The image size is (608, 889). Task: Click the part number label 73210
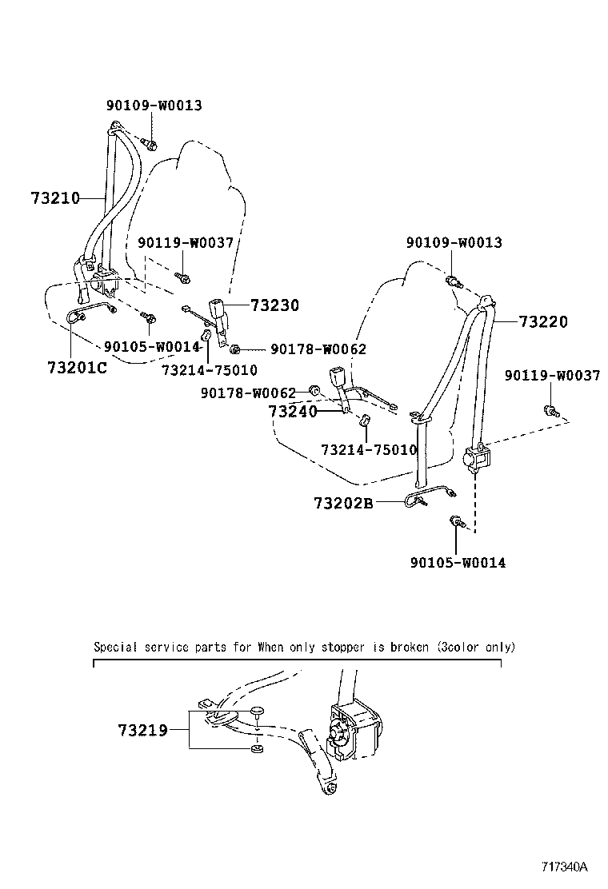[x=56, y=197]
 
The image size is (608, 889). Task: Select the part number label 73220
[x=543, y=322]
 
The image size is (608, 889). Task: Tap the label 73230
[x=274, y=305]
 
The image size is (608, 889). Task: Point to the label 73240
[x=293, y=412]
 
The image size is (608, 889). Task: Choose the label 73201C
[x=77, y=368]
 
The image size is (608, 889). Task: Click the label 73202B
[x=343, y=504]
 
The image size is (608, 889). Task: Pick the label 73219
[x=142, y=730]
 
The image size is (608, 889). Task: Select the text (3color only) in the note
[x=476, y=647]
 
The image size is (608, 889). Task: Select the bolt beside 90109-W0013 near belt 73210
[x=150, y=144]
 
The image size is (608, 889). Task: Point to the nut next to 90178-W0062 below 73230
[x=235, y=349]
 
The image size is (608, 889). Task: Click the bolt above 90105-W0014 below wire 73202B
[x=456, y=521]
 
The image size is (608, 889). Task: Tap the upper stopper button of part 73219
[x=256, y=712]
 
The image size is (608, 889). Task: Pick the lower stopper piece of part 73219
[x=256, y=749]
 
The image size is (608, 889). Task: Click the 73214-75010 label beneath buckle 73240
[x=369, y=450]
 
